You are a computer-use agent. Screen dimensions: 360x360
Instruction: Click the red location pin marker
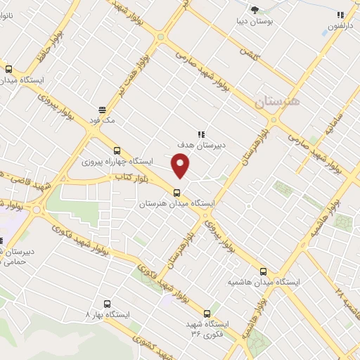[181, 166]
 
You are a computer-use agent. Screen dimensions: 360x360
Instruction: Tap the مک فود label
[102, 120]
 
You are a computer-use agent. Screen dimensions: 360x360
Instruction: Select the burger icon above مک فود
[102, 110]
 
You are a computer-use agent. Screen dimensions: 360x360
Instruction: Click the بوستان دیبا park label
[254, 21]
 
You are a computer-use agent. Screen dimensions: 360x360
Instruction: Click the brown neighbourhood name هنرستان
[276, 102]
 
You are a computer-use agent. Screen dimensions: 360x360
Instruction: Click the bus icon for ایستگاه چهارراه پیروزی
[117, 150]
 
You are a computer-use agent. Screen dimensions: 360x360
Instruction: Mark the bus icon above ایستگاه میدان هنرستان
[176, 192]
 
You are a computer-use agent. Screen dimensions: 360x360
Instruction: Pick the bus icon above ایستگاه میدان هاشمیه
[263, 271]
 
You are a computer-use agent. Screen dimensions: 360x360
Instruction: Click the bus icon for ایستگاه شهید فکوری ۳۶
[207, 313]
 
